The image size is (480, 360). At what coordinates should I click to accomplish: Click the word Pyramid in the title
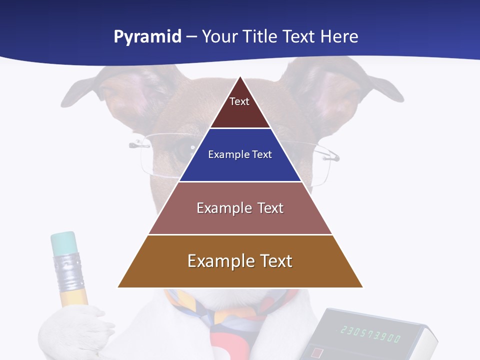click(147, 37)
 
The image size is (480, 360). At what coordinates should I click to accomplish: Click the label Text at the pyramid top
click(239, 101)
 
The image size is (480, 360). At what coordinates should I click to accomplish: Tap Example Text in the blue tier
click(240, 154)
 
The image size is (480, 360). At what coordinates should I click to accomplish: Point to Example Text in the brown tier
click(240, 261)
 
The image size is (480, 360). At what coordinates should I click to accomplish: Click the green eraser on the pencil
click(63, 243)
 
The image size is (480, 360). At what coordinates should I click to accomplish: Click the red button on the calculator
click(317, 353)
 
